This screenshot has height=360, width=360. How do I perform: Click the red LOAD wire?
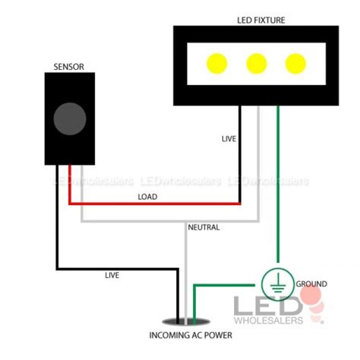[x=152, y=204]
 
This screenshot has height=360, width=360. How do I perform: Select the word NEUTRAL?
[x=204, y=227]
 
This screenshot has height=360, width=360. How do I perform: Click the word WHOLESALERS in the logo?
[x=274, y=319]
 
